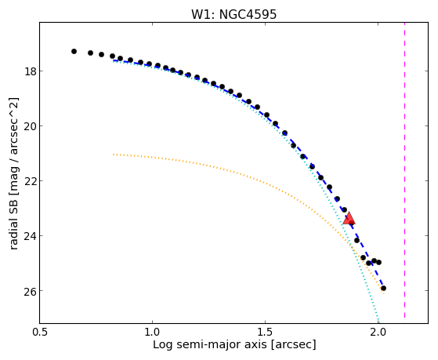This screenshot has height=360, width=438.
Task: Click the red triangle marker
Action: [349, 219]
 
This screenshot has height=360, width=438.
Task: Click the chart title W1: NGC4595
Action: [233, 15]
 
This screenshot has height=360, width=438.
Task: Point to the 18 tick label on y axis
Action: [31, 71]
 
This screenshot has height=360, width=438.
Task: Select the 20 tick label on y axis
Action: [31, 125]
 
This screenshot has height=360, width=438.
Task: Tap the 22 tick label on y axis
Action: [31, 180]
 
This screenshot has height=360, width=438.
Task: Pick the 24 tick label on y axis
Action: [31, 235]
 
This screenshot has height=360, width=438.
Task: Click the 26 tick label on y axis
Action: [31, 290]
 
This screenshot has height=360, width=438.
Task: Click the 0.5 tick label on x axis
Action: [40, 332]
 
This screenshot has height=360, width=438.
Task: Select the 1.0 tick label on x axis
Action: [152, 332]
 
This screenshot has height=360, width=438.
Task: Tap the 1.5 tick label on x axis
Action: [265, 332]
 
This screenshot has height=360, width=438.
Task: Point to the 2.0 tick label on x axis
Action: [378, 332]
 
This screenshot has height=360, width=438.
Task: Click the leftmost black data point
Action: [74, 51]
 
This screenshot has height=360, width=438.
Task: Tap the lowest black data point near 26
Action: [383, 288]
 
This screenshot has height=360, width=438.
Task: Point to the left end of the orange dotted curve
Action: [113, 155]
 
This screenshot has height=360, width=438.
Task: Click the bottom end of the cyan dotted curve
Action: [378, 322]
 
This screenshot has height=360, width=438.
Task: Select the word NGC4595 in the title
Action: [248, 15]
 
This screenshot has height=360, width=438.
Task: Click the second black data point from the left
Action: [90, 53]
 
